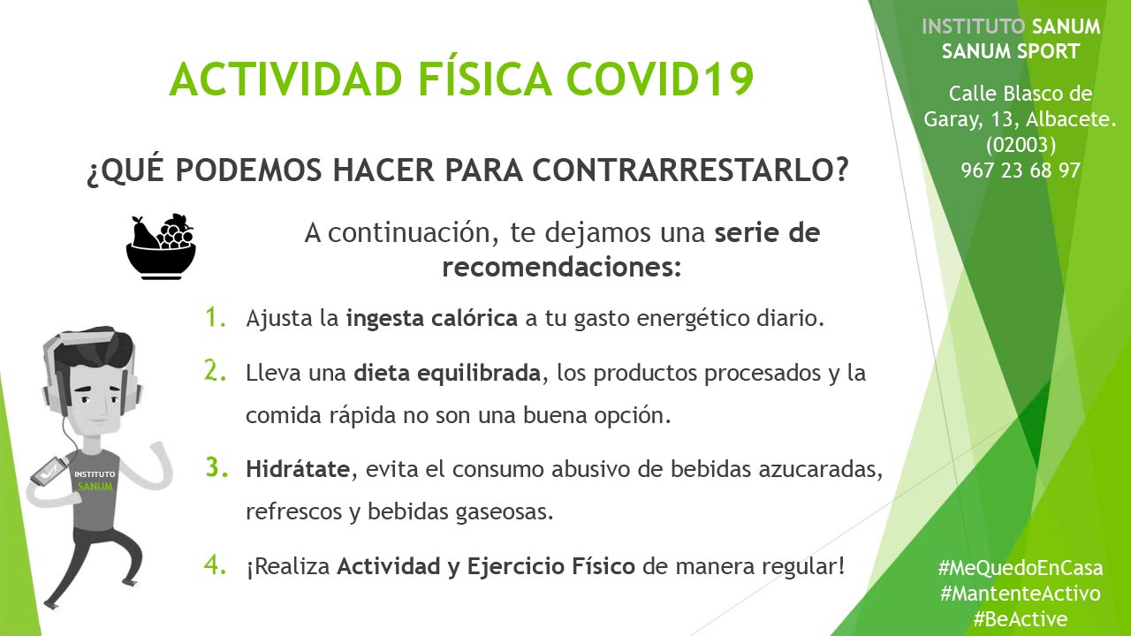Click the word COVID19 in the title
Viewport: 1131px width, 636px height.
[660, 79]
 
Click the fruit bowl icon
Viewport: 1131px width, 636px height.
[161, 246]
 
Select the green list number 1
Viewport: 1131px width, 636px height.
[215, 317]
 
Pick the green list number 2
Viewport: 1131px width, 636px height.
[215, 371]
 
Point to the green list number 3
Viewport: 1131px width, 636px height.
[216, 467]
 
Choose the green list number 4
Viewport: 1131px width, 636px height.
[215, 564]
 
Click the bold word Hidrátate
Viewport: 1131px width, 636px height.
[298, 469]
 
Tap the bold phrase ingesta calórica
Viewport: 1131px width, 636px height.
[432, 319]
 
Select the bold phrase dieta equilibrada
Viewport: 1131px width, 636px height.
[447, 373]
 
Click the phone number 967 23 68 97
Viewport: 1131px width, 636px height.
[1021, 170]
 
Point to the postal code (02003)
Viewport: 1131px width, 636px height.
[1021, 145]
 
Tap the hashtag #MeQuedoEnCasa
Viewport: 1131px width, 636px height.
[1021, 568]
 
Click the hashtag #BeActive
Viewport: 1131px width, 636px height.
[1021, 619]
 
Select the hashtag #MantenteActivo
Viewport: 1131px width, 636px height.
[1021, 593]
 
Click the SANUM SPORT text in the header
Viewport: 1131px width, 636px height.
[1011, 51]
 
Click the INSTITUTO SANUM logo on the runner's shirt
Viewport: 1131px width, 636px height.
[95, 480]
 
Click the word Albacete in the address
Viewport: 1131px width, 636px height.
[1071, 119]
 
